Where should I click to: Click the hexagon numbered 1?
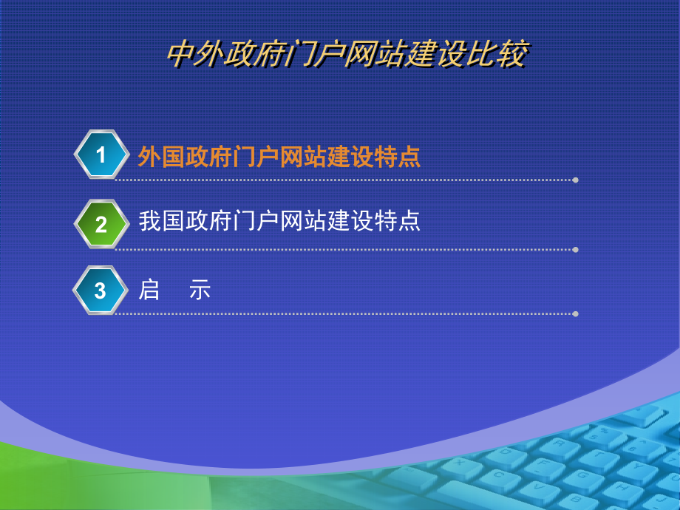[x=101, y=154]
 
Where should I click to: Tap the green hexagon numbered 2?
[x=101, y=224]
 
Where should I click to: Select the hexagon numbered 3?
[x=101, y=290]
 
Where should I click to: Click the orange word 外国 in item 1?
[x=161, y=157]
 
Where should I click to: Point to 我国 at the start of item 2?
[x=161, y=221]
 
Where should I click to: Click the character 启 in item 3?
[x=149, y=290]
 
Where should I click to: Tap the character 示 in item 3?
[x=200, y=290]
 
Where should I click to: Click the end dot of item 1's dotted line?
[x=576, y=180]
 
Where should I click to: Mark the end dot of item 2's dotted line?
[x=576, y=250]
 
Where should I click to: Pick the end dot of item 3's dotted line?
[x=576, y=314]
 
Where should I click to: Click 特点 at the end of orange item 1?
[x=397, y=157]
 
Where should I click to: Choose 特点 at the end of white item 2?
[x=397, y=221]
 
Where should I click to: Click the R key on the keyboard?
[x=560, y=444]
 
